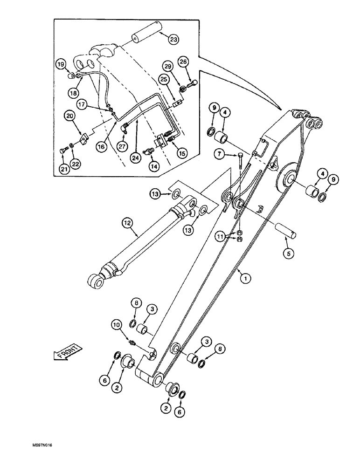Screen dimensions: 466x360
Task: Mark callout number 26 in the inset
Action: [x=184, y=62]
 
